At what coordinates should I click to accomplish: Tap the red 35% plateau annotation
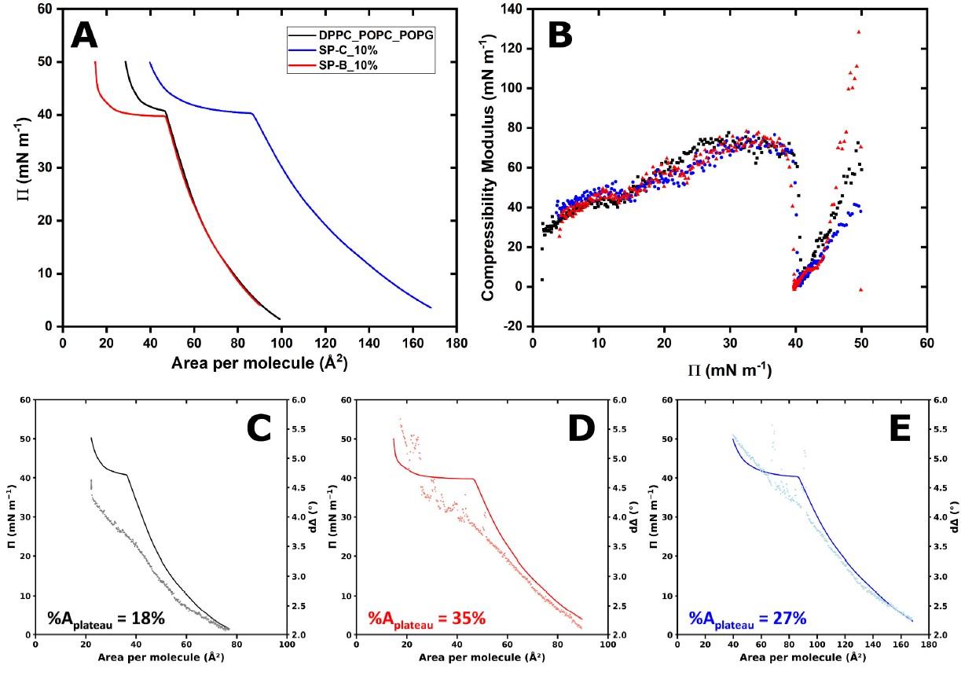[427, 619]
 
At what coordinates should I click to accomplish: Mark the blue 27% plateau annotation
[747, 619]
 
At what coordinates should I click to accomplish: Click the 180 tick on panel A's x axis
[456, 343]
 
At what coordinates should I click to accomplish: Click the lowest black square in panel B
[542, 279]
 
